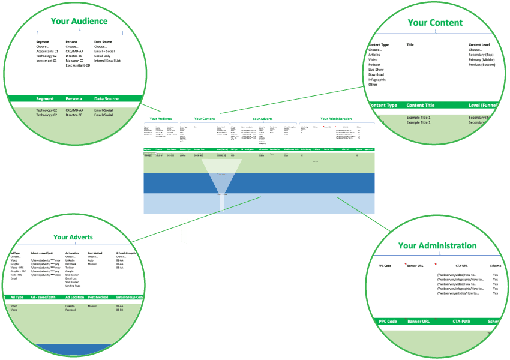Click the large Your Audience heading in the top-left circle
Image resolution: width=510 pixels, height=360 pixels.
point(79,21)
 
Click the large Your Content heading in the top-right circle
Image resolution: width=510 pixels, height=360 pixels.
point(435,23)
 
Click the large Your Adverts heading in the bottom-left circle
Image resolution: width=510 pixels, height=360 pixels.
point(73,238)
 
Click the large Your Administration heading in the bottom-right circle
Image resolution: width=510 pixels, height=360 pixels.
point(437,245)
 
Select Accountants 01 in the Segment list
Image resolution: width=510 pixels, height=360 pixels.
point(47,52)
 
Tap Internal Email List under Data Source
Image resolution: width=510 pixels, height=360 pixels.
point(107,61)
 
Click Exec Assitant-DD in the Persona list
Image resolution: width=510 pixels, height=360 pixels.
point(79,65)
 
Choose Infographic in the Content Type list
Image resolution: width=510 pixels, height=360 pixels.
point(377,79)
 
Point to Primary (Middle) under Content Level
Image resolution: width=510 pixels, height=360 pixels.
point(484,59)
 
